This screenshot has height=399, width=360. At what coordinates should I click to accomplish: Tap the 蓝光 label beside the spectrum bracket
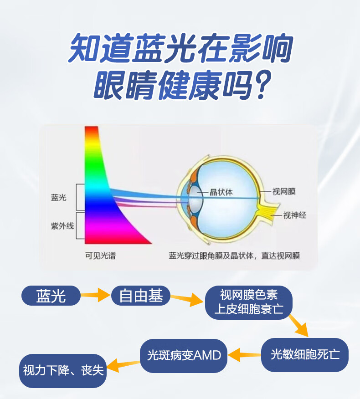coord(59,198)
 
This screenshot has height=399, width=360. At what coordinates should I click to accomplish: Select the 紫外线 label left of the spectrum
coord(62,226)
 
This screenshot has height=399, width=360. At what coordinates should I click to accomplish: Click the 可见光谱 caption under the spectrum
coord(100,256)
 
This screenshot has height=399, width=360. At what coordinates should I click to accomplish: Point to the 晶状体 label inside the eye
coord(221,192)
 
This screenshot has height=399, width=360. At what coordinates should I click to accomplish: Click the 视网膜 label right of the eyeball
coord(284,191)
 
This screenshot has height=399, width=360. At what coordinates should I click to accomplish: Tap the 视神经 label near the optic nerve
coord(294,215)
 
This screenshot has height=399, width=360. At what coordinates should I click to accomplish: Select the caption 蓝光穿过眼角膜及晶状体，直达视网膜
coord(234,256)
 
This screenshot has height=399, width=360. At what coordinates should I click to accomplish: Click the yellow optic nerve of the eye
coord(268,212)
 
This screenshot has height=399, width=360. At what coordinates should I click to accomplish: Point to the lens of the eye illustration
coord(196,199)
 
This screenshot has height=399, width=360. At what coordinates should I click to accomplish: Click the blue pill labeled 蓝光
coord(51,296)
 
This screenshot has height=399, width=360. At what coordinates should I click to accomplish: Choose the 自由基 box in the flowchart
coord(141,296)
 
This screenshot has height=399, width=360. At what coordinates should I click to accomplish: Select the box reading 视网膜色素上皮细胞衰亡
coord(249,302)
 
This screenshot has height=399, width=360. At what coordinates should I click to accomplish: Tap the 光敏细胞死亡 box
coord(305,355)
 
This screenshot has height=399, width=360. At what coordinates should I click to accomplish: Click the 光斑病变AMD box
coord(184,355)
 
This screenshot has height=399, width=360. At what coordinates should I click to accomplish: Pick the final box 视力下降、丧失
coord(63,371)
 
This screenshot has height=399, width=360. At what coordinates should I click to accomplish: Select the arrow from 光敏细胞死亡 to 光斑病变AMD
coord(244,355)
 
